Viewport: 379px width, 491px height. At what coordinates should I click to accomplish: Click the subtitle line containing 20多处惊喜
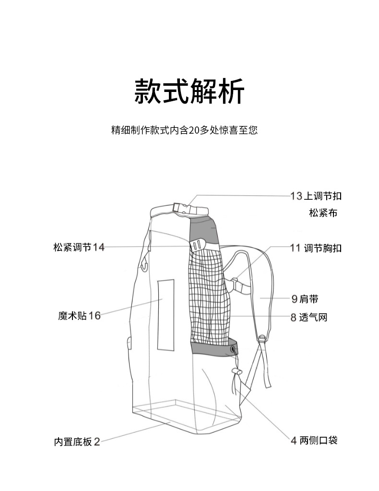click(184, 130)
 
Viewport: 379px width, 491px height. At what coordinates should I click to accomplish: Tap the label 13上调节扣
click(316, 196)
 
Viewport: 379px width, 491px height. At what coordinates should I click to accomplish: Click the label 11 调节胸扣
click(316, 248)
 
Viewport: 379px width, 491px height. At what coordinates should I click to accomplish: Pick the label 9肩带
click(305, 299)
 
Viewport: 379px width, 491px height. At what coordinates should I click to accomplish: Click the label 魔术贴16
click(80, 316)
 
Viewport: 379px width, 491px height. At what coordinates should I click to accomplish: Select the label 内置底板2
click(77, 441)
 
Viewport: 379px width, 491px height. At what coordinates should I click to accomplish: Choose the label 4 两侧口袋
click(314, 440)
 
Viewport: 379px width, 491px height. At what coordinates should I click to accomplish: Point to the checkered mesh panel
click(210, 297)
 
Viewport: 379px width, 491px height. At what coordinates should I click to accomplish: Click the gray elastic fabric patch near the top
click(205, 230)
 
